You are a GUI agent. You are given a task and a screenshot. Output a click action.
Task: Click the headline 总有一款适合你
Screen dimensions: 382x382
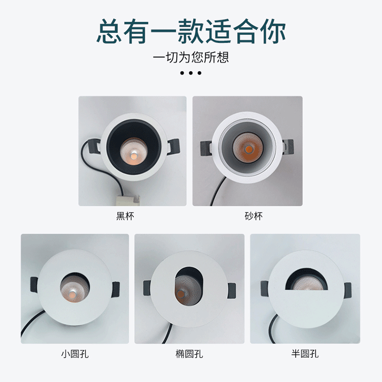click(x=191, y=32)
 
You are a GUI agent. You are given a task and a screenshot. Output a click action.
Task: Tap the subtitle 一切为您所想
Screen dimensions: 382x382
click(x=191, y=57)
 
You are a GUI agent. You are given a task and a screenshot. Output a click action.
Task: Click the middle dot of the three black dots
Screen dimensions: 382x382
click(x=191, y=73)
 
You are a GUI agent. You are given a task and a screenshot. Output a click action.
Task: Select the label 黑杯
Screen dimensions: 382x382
click(x=125, y=216)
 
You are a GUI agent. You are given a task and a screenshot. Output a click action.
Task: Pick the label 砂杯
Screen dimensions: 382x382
click(x=254, y=216)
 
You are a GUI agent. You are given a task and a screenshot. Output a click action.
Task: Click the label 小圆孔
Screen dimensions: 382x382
click(x=75, y=354)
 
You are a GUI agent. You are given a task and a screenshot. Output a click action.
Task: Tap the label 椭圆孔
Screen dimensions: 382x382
click(x=189, y=354)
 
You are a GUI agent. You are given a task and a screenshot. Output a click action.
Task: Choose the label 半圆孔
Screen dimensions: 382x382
click(x=305, y=354)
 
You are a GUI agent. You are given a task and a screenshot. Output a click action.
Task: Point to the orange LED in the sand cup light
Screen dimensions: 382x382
click(x=248, y=149)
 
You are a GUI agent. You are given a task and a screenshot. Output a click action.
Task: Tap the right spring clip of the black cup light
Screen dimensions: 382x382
click(x=174, y=147)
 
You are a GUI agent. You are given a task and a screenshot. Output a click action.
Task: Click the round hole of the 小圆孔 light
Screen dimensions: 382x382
click(x=75, y=286)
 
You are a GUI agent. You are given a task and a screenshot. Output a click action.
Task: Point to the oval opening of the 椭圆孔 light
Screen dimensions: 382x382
click(x=189, y=286)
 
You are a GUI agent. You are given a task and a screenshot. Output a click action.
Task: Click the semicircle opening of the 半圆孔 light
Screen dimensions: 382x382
click(x=306, y=280)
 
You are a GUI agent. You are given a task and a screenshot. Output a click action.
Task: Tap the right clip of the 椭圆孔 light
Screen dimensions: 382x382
click(x=232, y=291)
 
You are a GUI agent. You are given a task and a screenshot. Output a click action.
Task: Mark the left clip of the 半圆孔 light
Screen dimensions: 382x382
click(x=265, y=288)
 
